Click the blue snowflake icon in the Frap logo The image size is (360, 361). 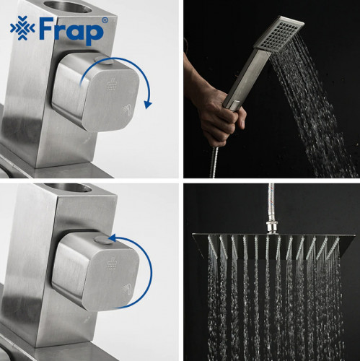coord(22,28)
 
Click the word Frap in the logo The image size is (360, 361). coord(71,31)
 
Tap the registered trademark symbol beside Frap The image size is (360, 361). coord(105,20)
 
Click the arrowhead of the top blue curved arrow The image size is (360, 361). coord(148,105)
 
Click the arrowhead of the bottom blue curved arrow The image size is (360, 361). coord(113,238)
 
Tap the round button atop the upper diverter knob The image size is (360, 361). coord(104,60)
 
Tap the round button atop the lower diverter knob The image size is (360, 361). coord(103,240)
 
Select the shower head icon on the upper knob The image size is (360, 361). coord(111,85)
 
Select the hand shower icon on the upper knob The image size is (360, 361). coord(127,110)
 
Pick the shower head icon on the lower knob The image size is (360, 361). coord(111,264)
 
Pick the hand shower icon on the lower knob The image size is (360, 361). coord(127,289)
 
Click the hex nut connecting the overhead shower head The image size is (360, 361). coord(272,227)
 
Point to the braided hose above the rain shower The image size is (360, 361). coord(271,203)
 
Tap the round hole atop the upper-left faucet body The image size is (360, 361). coord(68,6)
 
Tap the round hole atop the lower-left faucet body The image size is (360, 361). coord(68,187)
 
